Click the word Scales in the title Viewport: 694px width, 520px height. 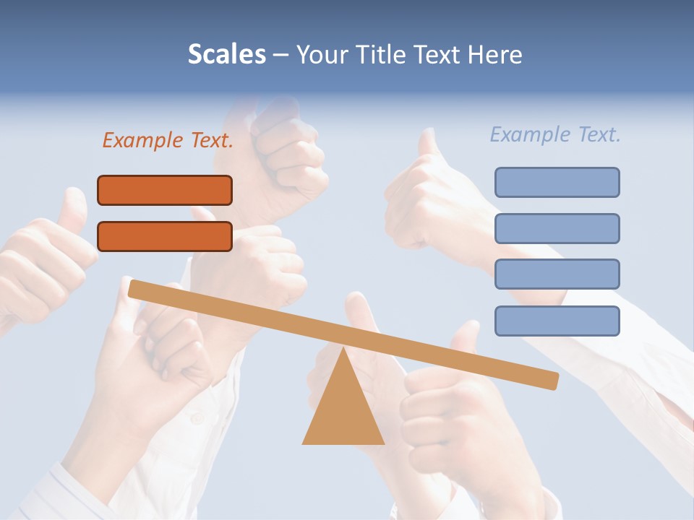[x=227, y=55]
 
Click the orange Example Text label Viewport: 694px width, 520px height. [x=168, y=141]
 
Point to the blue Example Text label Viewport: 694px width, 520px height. [x=555, y=134]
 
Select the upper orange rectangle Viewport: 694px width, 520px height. [x=165, y=190]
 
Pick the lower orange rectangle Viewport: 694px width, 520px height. [x=165, y=236]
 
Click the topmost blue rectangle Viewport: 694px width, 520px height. [x=557, y=182]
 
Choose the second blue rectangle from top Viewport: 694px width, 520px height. [x=557, y=228]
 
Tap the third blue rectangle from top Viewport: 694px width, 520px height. [x=557, y=274]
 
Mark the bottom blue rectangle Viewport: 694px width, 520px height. [x=557, y=321]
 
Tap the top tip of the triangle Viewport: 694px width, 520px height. [x=343, y=350]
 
